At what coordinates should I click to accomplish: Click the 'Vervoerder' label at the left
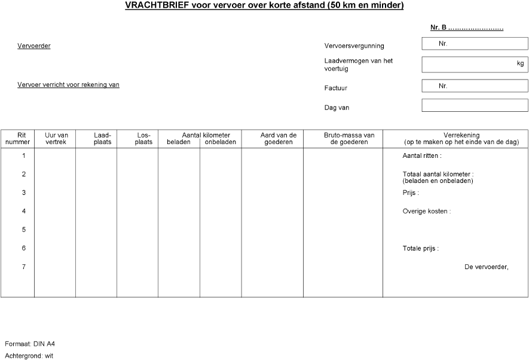(34, 46)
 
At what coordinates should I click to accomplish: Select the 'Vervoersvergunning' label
(354, 46)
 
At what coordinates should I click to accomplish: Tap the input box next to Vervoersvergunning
(475, 44)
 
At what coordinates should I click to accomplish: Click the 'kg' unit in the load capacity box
(520, 63)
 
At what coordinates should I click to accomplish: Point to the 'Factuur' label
(335, 89)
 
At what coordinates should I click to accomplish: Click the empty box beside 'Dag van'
(475, 105)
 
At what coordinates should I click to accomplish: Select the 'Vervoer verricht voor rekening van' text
(69, 85)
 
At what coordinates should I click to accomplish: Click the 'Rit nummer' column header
(17, 139)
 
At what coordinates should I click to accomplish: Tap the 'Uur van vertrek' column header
(56, 139)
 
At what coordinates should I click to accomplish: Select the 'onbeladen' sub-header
(221, 142)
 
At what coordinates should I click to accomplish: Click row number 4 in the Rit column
(24, 211)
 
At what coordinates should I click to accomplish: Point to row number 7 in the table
(24, 267)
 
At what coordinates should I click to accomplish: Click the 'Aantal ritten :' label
(422, 156)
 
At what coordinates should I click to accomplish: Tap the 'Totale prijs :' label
(420, 248)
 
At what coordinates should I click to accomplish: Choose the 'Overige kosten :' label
(426, 211)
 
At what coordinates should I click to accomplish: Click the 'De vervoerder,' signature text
(486, 267)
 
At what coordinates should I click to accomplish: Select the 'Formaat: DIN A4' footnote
(30, 344)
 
